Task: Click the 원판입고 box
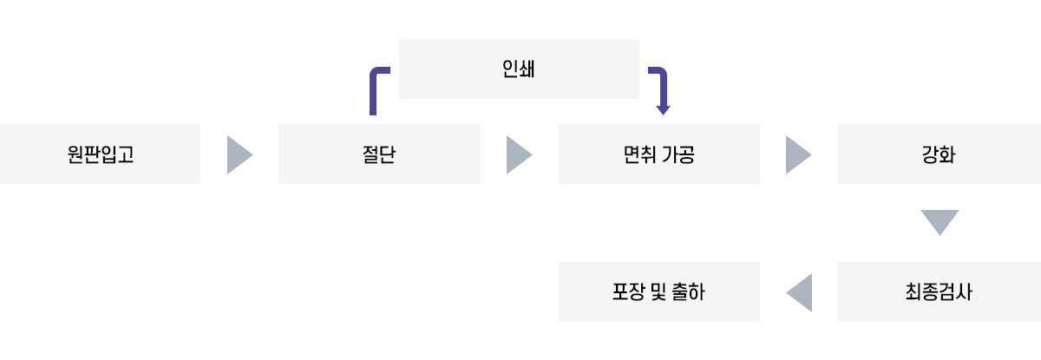[x=100, y=154]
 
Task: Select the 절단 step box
[x=379, y=154]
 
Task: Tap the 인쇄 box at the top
[x=519, y=69]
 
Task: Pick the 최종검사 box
[x=939, y=291]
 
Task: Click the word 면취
[x=640, y=154]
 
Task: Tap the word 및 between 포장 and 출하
[x=657, y=291]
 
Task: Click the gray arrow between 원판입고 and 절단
[x=239, y=154]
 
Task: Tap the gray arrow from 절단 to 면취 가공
[x=518, y=154]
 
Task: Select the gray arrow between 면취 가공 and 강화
[x=797, y=154]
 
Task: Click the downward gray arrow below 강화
[x=940, y=222]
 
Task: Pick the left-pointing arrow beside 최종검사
[x=799, y=292]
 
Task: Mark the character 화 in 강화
[x=948, y=154]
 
